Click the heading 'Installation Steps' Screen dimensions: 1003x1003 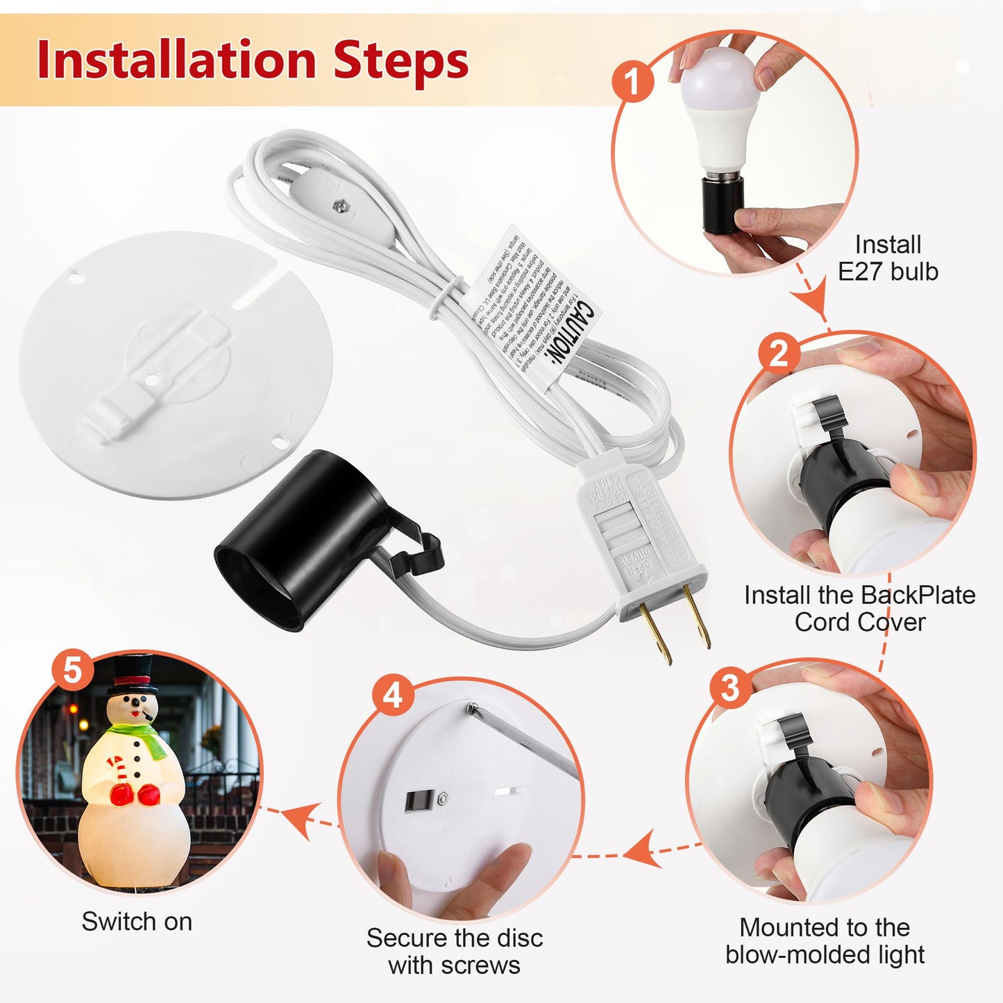pos(253,60)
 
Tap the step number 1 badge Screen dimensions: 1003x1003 pos(632,82)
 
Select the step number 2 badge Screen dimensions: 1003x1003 pos(779,354)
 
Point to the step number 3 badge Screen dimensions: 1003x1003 pos(730,688)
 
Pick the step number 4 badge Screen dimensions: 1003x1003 pos(393,695)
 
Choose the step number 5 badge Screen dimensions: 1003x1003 pos(73,671)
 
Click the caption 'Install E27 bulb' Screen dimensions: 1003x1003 pos(888,258)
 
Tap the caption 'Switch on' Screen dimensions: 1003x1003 pos(137,922)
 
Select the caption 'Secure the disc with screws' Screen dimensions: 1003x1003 pos(455,951)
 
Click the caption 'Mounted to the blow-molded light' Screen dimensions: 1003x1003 pos(825,941)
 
